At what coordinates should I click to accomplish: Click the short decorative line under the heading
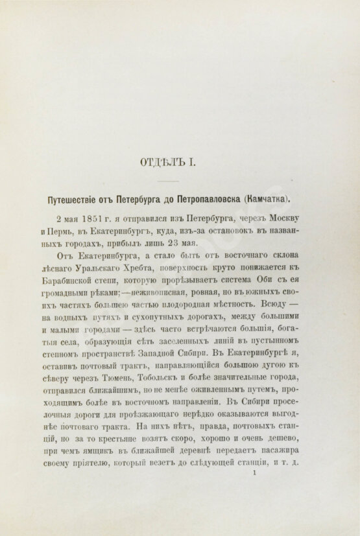click(x=180, y=180)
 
